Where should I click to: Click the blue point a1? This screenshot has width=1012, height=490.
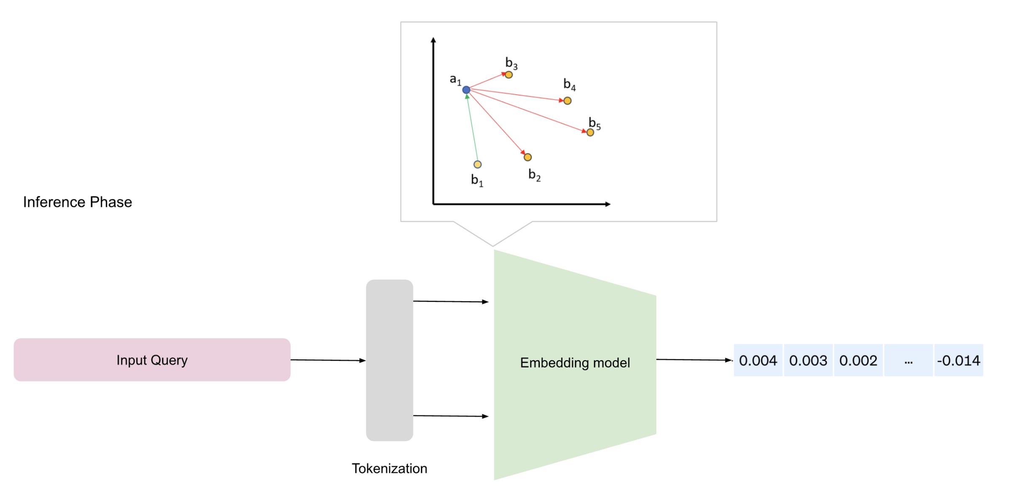(466, 90)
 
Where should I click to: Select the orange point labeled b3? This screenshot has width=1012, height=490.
(509, 75)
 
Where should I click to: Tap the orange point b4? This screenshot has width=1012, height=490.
(568, 101)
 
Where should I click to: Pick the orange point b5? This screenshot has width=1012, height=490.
(590, 133)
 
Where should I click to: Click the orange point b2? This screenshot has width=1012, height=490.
(528, 157)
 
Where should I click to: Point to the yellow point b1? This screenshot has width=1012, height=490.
(477, 164)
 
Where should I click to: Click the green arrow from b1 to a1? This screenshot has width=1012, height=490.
(472, 129)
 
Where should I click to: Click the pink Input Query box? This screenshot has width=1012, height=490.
(152, 360)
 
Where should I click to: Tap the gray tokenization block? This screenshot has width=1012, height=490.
(389, 360)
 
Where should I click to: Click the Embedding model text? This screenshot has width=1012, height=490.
(575, 363)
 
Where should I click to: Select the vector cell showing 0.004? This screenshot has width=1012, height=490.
(758, 361)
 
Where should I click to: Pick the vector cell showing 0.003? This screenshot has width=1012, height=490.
(808, 361)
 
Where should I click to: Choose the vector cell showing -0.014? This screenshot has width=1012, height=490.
(958, 361)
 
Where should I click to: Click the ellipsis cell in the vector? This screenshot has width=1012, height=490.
(908, 361)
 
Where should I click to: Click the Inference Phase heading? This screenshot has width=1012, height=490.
(78, 202)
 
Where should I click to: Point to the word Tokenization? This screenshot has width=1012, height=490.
(389, 469)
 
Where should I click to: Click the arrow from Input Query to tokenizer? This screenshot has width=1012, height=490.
(328, 360)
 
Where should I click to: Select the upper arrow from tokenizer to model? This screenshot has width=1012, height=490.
(450, 302)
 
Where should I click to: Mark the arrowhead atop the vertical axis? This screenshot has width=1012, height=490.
(433, 40)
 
